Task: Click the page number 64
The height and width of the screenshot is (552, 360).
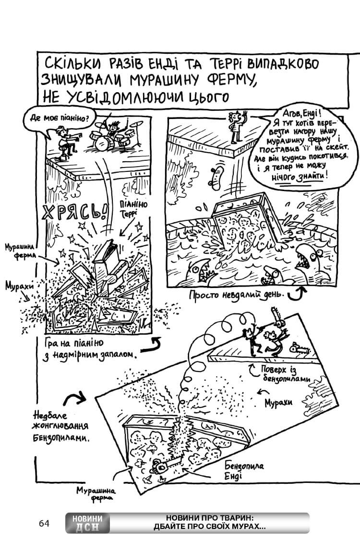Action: click(x=44, y=523)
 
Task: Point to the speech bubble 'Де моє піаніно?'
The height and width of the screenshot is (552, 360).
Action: click(x=55, y=118)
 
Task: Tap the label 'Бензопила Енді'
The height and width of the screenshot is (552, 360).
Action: click(x=244, y=471)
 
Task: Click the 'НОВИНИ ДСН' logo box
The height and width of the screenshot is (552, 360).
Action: click(x=88, y=523)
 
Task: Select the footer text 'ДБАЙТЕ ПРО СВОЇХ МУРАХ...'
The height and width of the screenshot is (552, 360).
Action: click(x=209, y=527)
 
